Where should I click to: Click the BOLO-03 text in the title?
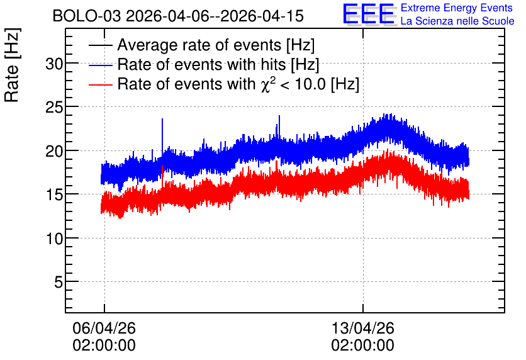(87, 16)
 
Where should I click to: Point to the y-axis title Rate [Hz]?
(12, 65)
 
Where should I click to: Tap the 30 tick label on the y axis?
(54, 64)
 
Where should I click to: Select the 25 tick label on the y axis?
(54, 108)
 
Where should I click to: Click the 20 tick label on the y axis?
(54, 151)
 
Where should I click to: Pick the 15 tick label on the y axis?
(54, 195)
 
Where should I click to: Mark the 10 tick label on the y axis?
(54, 239)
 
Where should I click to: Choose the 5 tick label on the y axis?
(59, 283)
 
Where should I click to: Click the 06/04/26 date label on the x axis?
(104, 328)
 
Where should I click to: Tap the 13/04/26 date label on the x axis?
(362, 328)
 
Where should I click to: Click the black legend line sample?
(100, 45)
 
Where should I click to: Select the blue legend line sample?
(100, 65)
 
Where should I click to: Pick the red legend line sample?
(100, 84)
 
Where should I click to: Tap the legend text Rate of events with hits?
(201, 64)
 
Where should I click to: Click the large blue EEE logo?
(369, 14)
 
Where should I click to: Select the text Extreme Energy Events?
(457, 8)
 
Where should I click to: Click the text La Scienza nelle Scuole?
(457, 21)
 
